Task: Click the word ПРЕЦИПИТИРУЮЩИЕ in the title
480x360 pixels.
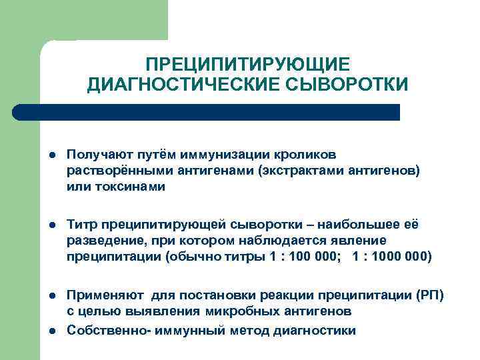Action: [247, 64]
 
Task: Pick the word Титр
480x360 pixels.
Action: [80, 223]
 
